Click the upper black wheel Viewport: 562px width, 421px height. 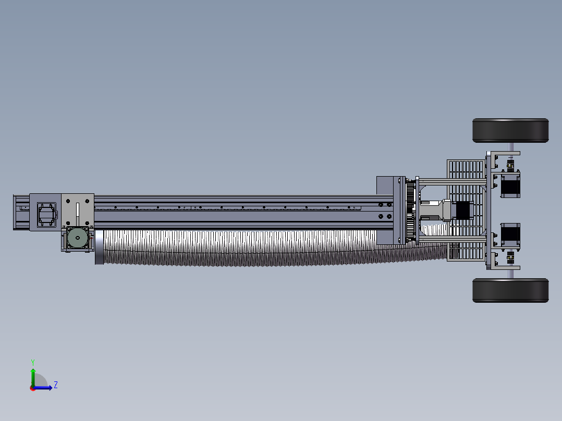click(x=510, y=130)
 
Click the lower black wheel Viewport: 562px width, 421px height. click(x=510, y=290)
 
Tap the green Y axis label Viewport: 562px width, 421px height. click(x=33, y=362)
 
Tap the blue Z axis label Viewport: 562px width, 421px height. click(x=56, y=385)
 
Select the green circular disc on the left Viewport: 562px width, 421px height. click(x=77, y=238)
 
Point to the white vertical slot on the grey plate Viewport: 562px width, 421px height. click(x=77, y=214)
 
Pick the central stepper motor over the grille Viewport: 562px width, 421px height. click(x=462, y=210)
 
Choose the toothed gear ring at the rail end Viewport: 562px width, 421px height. click(x=410, y=210)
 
